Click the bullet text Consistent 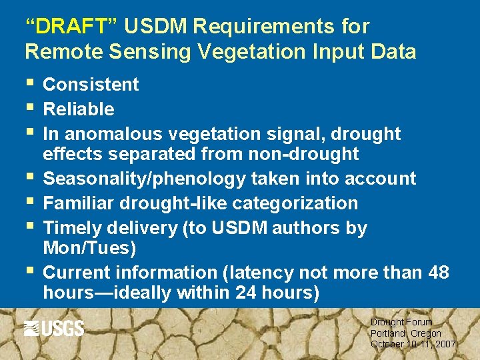tap(91, 85)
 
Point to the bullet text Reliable tap(79, 109)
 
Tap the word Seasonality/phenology tap(145, 179)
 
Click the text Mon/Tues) tap(89, 248)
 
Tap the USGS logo tap(54, 328)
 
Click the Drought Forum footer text tap(401, 322)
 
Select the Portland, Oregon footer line tap(405, 333)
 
